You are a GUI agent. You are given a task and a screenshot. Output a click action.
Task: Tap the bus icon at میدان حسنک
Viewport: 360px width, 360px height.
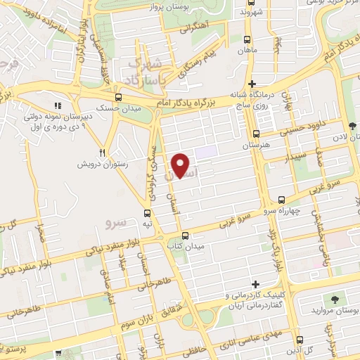(118, 98)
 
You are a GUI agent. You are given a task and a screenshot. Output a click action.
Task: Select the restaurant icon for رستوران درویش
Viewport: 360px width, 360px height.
(102, 153)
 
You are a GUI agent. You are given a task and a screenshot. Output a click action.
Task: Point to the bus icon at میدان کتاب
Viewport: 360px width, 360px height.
(184, 236)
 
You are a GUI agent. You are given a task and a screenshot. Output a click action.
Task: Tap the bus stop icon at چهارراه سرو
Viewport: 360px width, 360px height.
(282, 200)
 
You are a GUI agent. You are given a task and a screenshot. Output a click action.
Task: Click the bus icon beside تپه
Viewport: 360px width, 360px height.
(147, 212)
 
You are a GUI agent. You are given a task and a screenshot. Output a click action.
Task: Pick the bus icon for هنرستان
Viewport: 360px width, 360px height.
(255, 134)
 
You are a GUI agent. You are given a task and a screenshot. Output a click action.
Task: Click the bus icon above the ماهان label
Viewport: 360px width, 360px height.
(246, 40)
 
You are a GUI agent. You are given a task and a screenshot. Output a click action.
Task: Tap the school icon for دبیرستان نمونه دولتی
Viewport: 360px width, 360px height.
(59, 107)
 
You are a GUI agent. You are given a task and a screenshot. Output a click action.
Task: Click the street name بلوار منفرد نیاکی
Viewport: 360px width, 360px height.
(105, 247)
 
